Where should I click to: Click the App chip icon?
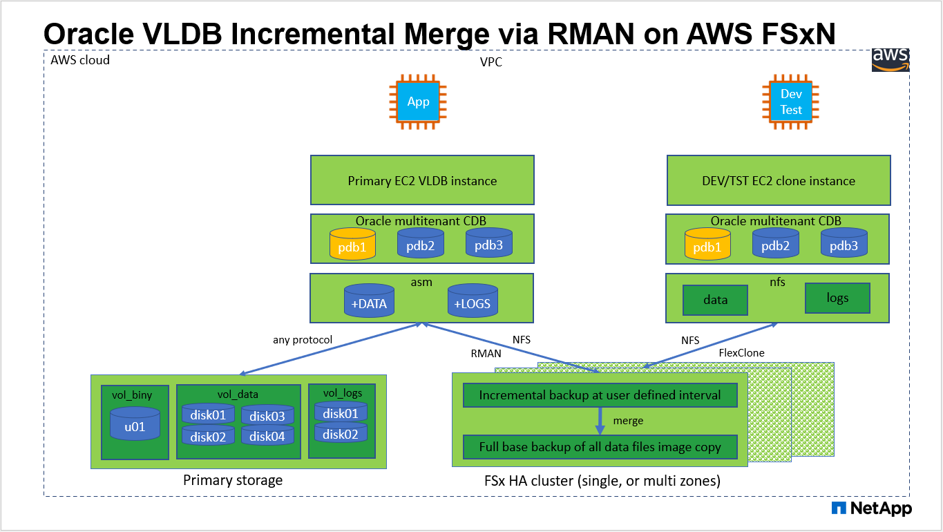[x=418, y=102]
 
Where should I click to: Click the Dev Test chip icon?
[x=791, y=102]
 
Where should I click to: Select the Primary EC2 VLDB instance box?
[x=421, y=181]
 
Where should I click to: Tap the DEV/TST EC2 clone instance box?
[x=778, y=181]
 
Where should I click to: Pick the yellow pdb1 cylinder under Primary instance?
[x=352, y=245]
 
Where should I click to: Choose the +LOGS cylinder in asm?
[x=473, y=302]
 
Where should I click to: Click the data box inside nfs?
[x=715, y=300]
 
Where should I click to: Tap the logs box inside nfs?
[x=837, y=298]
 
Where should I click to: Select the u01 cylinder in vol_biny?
[x=135, y=424]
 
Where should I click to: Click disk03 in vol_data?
[x=267, y=415]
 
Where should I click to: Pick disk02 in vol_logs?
[x=341, y=433]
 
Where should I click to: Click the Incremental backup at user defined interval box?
[x=600, y=396]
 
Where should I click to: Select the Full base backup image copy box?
[x=600, y=447]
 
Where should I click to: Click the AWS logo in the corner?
[x=890, y=59]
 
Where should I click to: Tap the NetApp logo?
[x=872, y=509]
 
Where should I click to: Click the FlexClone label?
[x=741, y=353]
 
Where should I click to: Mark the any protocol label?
[x=303, y=339]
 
